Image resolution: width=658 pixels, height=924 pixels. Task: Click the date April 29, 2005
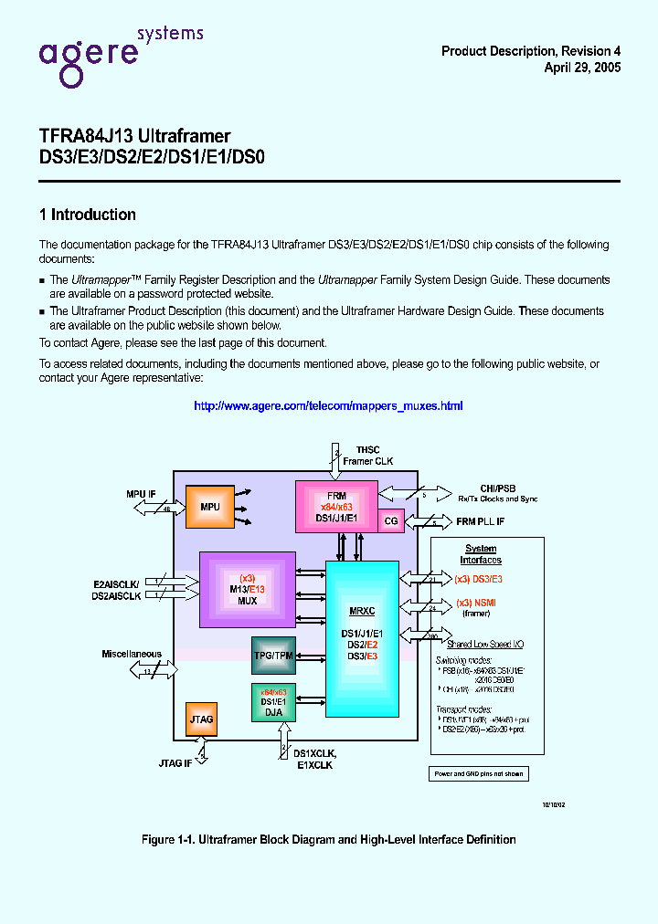tap(582, 68)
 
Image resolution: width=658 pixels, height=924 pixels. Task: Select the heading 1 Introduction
tap(88, 215)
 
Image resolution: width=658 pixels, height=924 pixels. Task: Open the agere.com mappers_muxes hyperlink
tap(328, 405)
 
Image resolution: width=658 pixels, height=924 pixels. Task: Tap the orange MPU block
tap(209, 507)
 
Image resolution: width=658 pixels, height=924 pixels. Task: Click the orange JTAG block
tap(201, 719)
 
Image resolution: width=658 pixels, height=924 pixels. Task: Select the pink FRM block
tap(336, 505)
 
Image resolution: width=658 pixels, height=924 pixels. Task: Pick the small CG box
tap(391, 520)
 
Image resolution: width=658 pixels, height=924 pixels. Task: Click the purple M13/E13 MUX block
tap(248, 589)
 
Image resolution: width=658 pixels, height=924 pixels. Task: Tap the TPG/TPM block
tap(273, 655)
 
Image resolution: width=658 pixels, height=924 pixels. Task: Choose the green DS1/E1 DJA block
tap(273, 703)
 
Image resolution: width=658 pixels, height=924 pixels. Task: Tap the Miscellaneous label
tap(132, 654)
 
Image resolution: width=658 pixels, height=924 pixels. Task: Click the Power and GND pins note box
tap(478, 773)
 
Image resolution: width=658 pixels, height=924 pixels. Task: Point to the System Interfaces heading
tap(481, 554)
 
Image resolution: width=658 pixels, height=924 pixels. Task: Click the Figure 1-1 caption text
tap(329, 839)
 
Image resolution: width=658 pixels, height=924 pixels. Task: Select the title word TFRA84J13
tap(84, 136)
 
